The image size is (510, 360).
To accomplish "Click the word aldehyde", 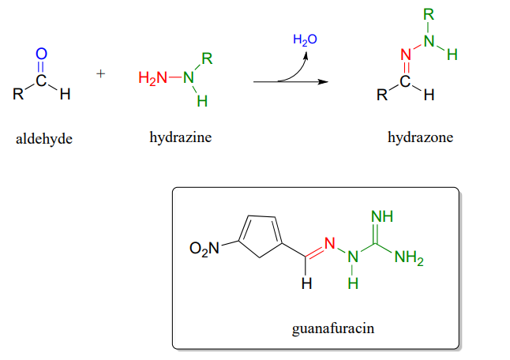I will (x=43, y=139).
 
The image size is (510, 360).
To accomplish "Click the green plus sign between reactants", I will (x=101, y=74).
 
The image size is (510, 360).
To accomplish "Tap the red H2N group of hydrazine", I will (x=152, y=77).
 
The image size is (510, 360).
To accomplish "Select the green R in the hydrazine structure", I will (x=207, y=58).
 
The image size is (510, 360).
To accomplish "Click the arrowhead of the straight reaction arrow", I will (x=323, y=81).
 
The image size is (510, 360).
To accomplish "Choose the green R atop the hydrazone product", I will (x=428, y=14).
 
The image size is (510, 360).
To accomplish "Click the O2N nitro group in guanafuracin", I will (x=202, y=249).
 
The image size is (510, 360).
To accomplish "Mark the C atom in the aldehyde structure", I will (x=42, y=80).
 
